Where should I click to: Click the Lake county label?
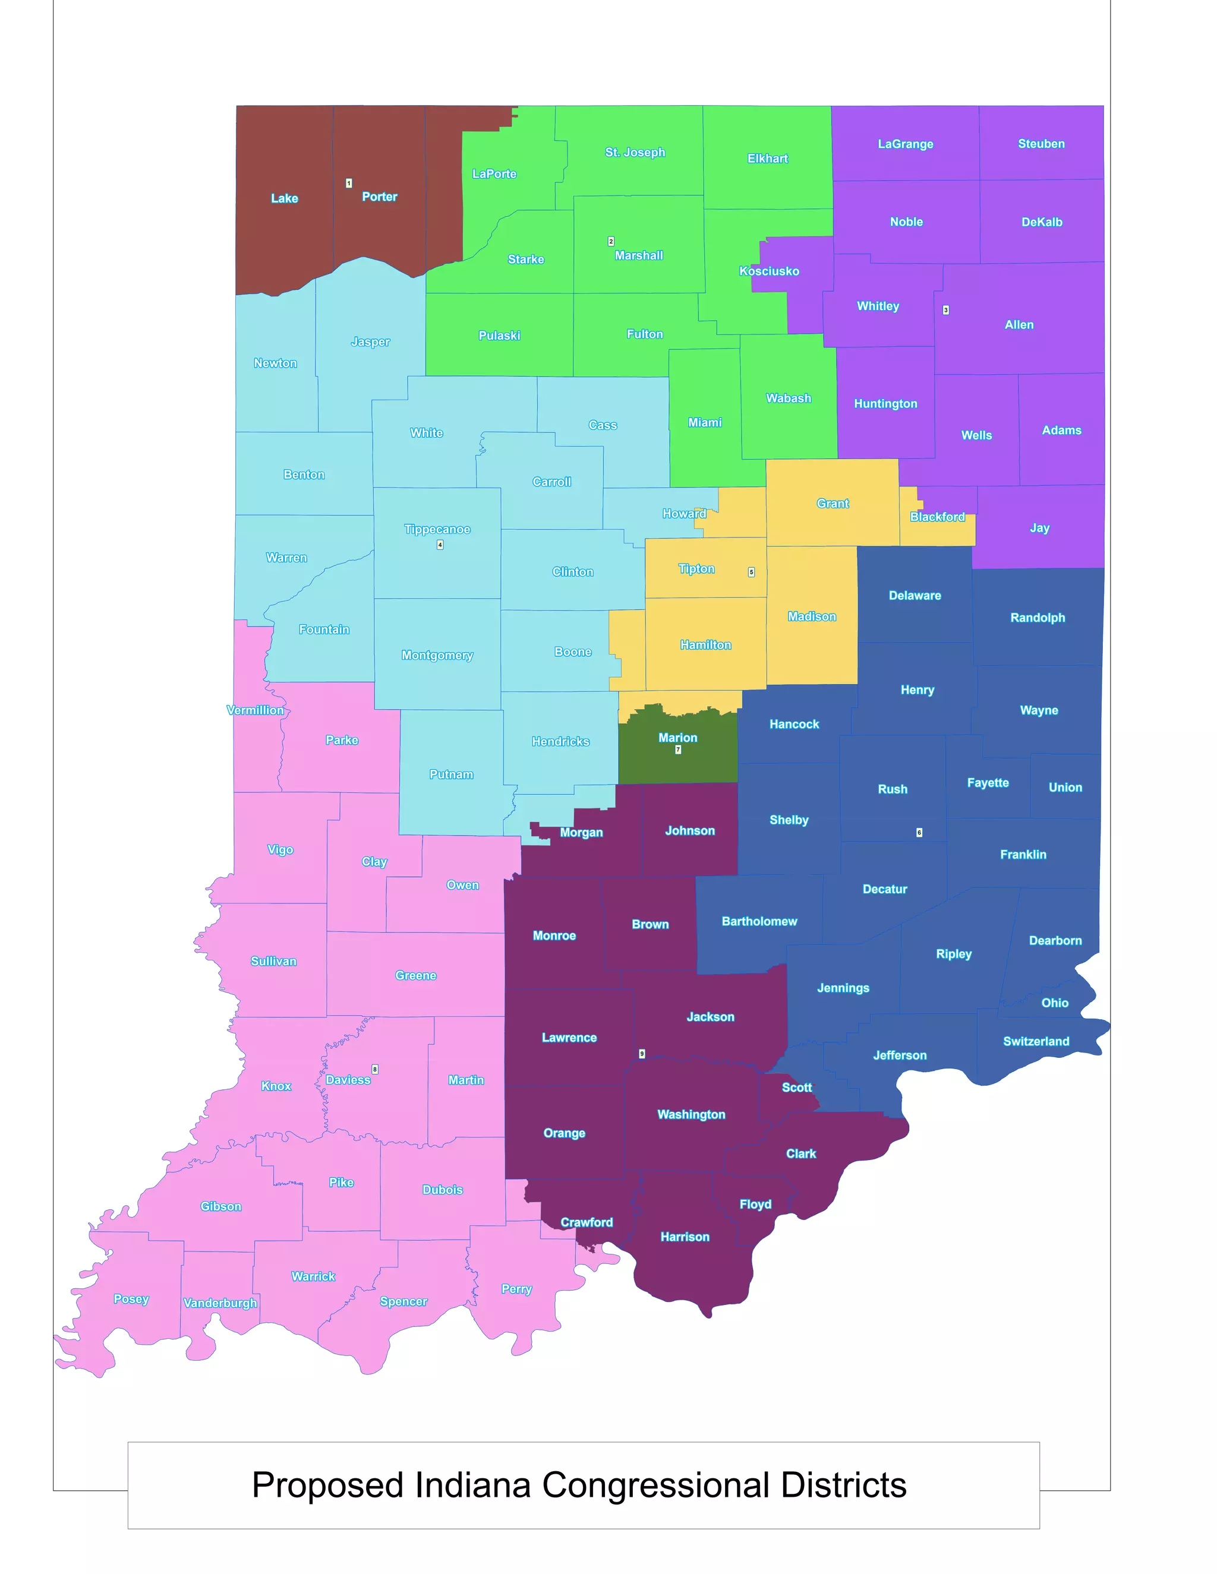point(284,198)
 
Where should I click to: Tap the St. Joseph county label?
point(635,152)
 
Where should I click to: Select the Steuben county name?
point(1041,143)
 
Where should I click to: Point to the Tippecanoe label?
point(437,529)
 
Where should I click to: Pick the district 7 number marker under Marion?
point(677,750)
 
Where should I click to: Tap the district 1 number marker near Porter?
point(349,183)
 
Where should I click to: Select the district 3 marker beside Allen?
point(946,310)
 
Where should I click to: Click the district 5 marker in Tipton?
point(751,571)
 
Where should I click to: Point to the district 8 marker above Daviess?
point(375,1069)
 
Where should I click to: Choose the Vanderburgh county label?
point(220,1303)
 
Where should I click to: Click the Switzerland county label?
point(1036,1041)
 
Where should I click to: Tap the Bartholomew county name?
point(759,921)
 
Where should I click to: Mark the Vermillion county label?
point(255,710)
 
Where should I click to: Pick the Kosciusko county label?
point(768,271)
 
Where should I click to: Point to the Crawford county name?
point(586,1222)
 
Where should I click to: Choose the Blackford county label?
point(937,517)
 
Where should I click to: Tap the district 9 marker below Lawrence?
point(642,1054)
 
